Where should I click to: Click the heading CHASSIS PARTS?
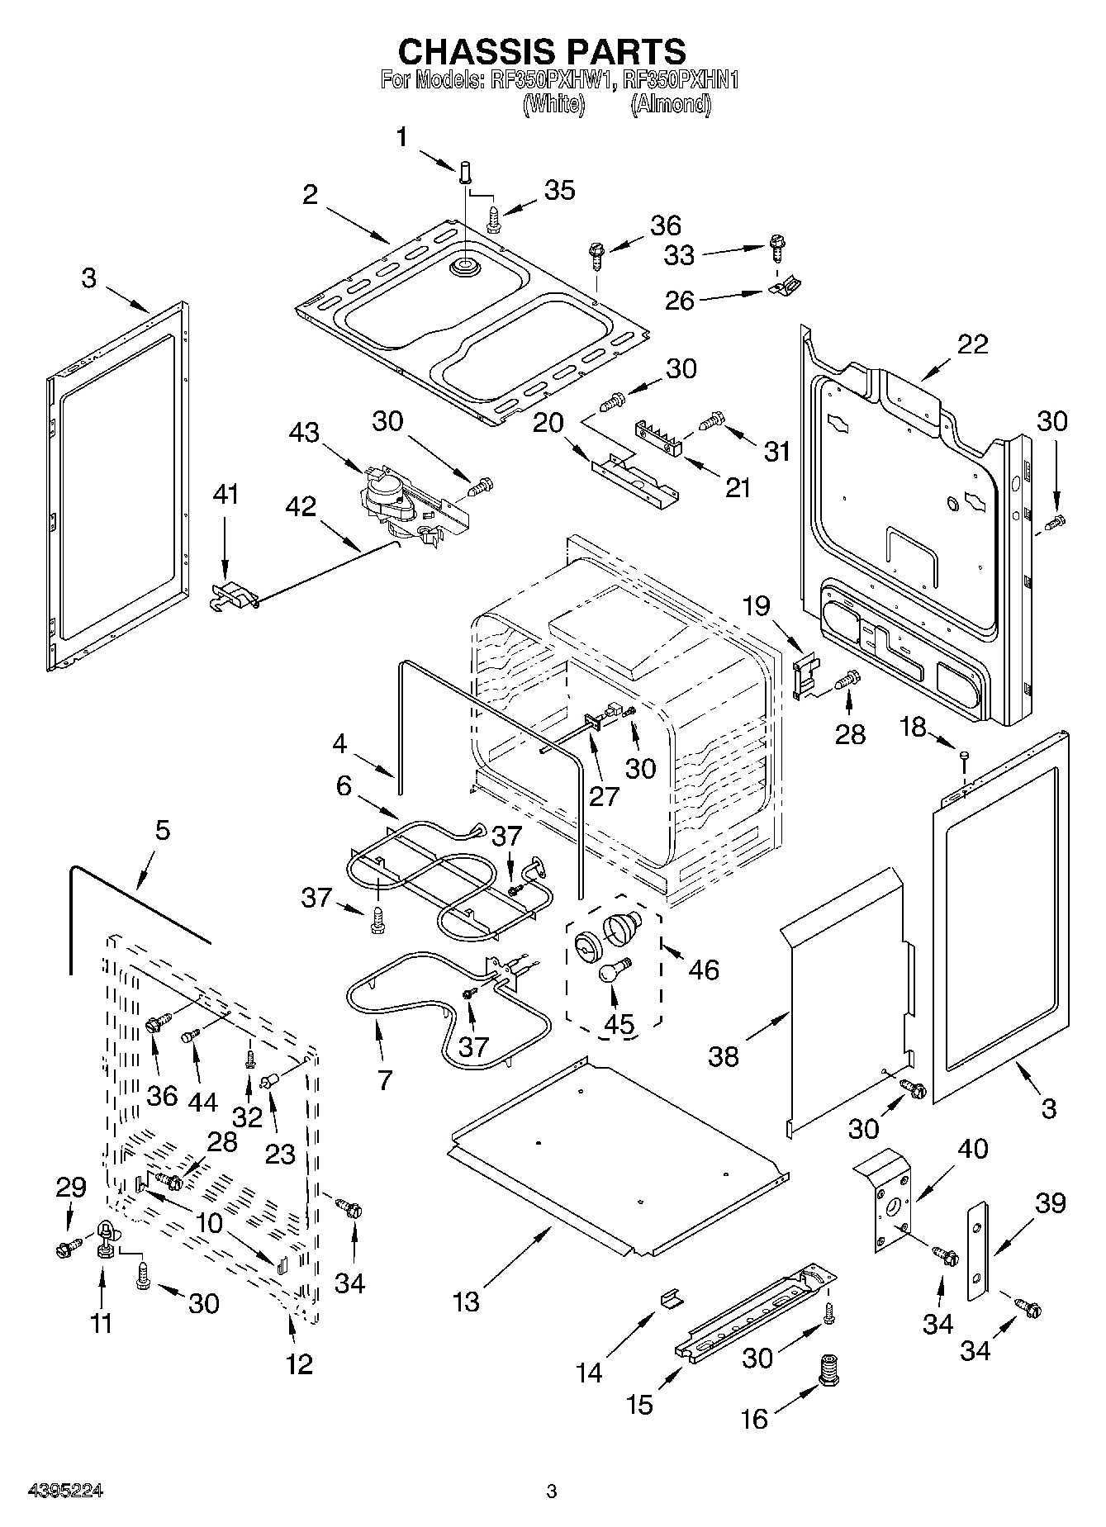pos(542,51)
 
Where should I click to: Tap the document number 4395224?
pos(66,1491)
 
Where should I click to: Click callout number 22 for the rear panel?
pos(971,344)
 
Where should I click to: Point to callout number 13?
pos(466,1302)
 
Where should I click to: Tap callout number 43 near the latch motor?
pos(305,431)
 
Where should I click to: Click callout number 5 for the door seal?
pos(162,830)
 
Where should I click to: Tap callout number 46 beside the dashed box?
pos(704,969)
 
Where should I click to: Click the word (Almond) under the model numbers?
pos(671,105)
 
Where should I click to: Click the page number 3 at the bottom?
pos(552,1491)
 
